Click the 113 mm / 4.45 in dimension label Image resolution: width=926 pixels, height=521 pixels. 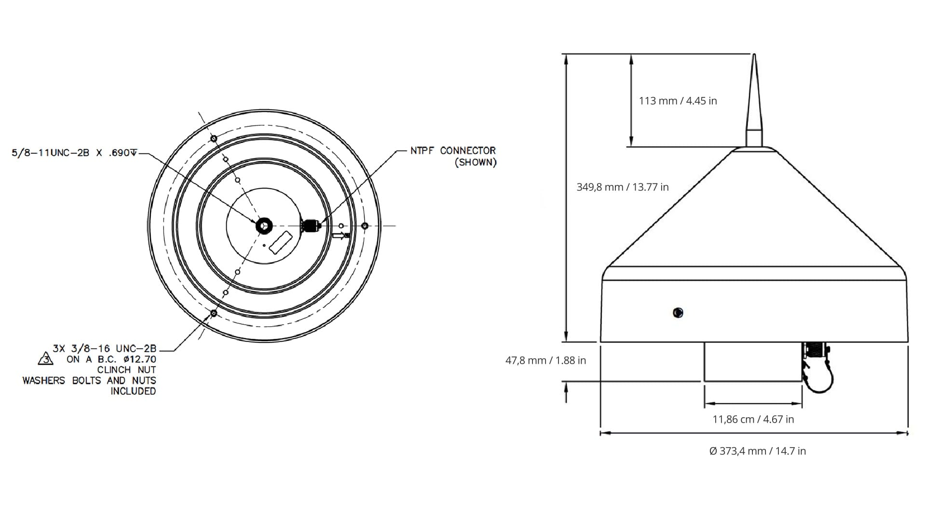tap(678, 101)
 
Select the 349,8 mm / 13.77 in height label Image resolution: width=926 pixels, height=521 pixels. tap(622, 187)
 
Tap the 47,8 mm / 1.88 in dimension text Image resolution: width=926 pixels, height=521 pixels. tap(545, 360)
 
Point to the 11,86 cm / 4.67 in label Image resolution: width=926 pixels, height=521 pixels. tap(753, 419)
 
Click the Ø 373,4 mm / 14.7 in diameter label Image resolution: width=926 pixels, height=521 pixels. tap(757, 451)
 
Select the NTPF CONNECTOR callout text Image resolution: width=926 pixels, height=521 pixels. tap(453, 151)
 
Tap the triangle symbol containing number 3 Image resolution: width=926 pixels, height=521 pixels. tap(45, 359)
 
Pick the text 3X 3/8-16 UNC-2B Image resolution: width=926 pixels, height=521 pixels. tap(105, 348)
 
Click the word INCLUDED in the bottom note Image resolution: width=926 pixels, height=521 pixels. tap(133, 391)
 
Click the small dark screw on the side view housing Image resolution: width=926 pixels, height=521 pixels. tap(678, 313)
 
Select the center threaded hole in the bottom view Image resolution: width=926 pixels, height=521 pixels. tap(264, 225)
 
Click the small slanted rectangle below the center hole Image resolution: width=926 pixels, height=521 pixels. tap(281, 242)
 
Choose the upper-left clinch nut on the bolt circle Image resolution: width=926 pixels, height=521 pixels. tap(214, 139)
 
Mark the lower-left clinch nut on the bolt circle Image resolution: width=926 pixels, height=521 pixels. tap(214, 314)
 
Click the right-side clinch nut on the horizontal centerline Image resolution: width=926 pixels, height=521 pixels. tap(365, 226)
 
